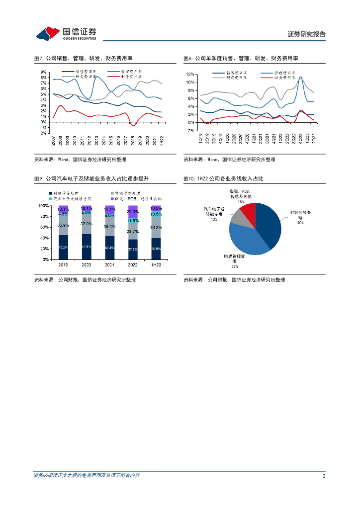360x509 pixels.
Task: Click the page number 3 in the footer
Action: pos(324,476)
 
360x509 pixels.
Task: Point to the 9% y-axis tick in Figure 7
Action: pos(44,72)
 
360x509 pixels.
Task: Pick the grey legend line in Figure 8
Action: pos(219,77)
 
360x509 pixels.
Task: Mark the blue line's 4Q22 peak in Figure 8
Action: pos(300,77)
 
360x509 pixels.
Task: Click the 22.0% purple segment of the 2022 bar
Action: pos(133,212)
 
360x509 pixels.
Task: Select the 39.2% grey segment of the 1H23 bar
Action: pos(156,227)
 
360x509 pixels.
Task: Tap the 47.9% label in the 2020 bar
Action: pos(86,247)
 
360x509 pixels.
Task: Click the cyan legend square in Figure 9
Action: pos(50,198)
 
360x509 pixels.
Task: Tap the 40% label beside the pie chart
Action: pos(300,223)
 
